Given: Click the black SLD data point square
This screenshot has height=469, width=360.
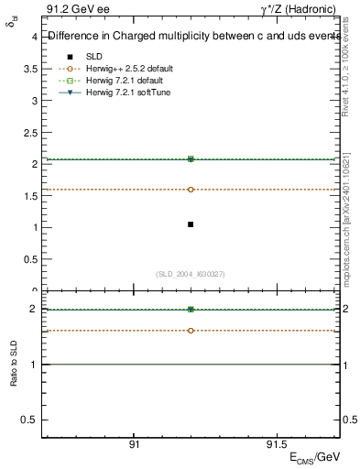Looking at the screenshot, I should [x=191, y=224].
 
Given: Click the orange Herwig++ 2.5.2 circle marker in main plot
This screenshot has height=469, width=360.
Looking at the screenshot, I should [x=191, y=190].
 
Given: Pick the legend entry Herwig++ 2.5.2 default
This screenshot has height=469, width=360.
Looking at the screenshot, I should [x=128, y=69].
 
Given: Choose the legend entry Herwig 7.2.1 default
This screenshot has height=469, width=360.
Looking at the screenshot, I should [x=124, y=81].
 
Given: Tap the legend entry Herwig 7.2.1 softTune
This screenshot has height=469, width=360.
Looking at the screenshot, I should [x=127, y=93].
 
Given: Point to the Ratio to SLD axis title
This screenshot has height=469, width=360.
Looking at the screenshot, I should [x=14, y=376].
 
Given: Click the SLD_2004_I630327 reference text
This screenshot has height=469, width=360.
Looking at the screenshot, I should [x=191, y=274].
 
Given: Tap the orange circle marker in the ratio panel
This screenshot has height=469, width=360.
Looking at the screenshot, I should [x=191, y=330].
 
